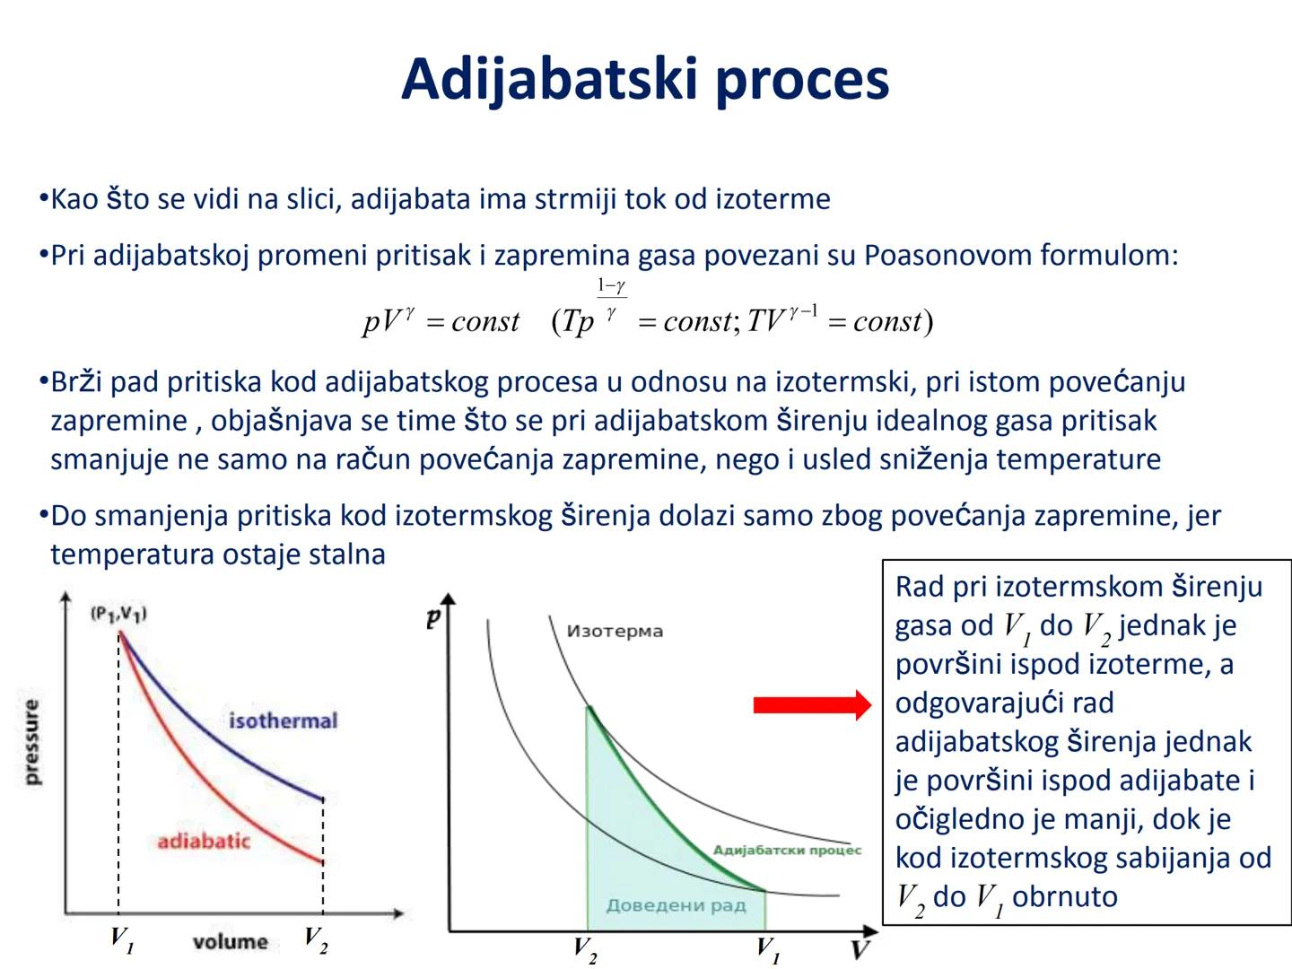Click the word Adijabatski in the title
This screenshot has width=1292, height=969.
click(x=550, y=81)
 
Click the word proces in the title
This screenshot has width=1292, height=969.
click(x=802, y=83)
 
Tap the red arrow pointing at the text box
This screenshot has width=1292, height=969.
click(x=812, y=705)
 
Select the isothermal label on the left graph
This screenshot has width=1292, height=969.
click(x=284, y=720)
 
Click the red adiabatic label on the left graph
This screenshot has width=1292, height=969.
click(x=204, y=841)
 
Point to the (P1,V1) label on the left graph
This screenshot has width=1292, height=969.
click(x=118, y=615)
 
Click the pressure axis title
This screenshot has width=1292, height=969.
click(x=31, y=742)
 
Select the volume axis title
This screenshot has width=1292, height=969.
click(x=231, y=942)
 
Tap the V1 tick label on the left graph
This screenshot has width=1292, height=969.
click(x=122, y=939)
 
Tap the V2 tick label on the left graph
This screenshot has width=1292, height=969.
click(x=316, y=939)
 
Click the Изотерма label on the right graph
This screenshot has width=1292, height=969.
click(x=615, y=632)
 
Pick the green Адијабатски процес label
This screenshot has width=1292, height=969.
click(x=787, y=851)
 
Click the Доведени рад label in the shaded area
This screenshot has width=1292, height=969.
click(x=677, y=905)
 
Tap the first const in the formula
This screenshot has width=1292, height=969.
click(x=485, y=322)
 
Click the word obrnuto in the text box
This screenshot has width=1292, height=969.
click(x=1064, y=896)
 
